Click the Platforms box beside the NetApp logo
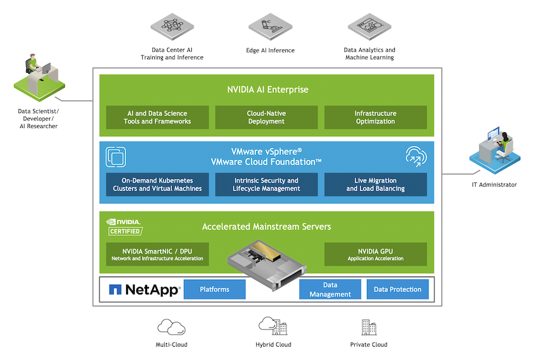[x=215, y=289]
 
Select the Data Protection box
[x=397, y=289]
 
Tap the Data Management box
[x=329, y=289]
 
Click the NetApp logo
[x=145, y=289]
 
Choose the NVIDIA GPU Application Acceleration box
[x=375, y=254]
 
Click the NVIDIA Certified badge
[x=124, y=227]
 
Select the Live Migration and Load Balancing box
[x=375, y=185]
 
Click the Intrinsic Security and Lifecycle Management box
[x=266, y=185]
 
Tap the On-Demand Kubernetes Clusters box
[x=157, y=185]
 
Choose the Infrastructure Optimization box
[x=375, y=117]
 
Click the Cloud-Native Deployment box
[x=266, y=117]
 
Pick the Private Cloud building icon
[x=369, y=327]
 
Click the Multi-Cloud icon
[x=171, y=327]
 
